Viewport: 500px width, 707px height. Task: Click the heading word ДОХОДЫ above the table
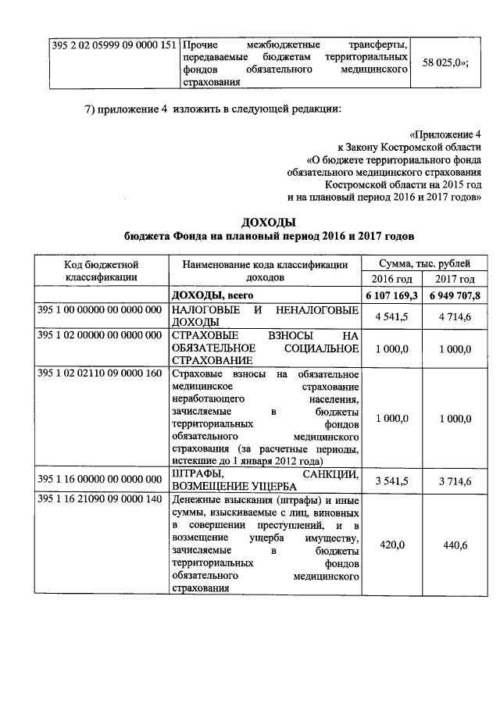pos(270,222)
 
